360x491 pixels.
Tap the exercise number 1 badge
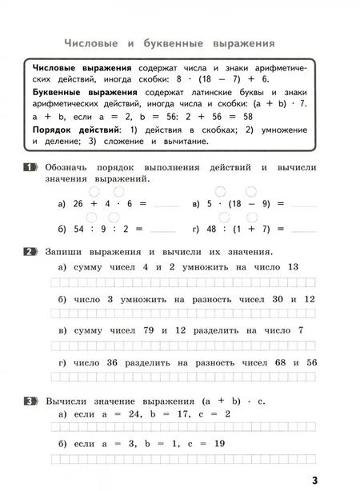pyautogui.click(x=31, y=167)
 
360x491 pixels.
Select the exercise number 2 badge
pyautogui.click(x=31, y=253)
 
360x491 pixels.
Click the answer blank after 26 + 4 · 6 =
pyautogui.click(x=166, y=206)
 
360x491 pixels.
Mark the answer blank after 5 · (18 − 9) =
pyautogui.click(x=304, y=206)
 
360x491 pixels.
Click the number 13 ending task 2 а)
pyautogui.click(x=291, y=267)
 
